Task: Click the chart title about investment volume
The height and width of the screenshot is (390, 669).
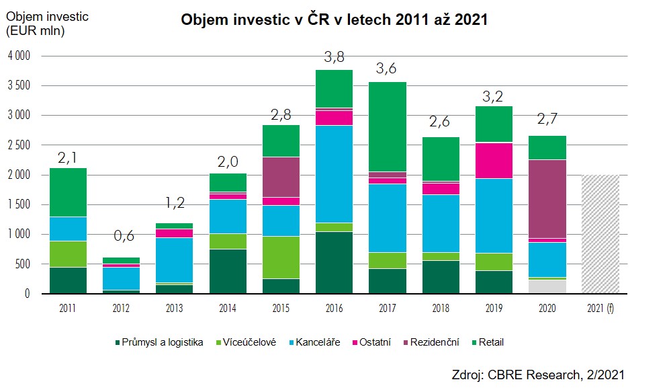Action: [334, 20]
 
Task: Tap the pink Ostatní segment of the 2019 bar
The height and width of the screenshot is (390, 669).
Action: [494, 160]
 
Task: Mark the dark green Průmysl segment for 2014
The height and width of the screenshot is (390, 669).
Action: [228, 271]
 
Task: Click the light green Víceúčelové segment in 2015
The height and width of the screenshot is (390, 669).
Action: [281, 257]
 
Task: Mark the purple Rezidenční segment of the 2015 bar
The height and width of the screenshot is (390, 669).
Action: [281, 177]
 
